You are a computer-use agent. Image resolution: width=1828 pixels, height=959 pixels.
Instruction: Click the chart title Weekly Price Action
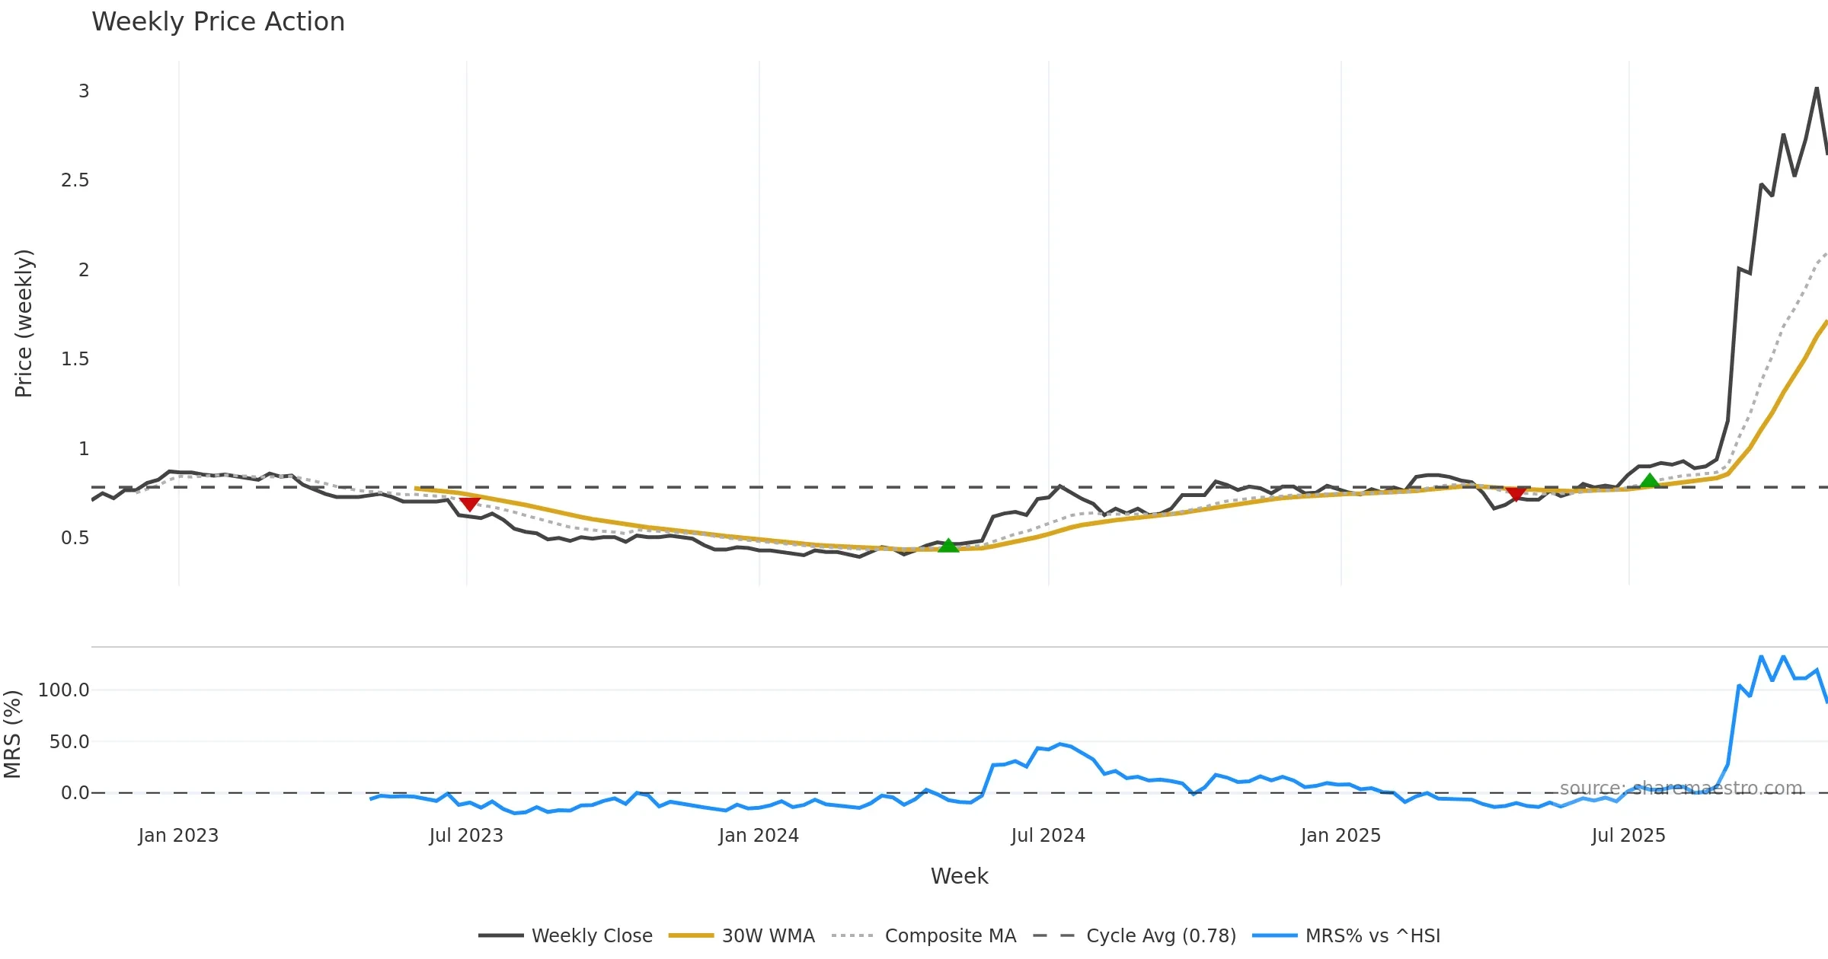pos(218,22)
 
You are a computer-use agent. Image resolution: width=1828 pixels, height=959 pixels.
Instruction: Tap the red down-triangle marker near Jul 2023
pos(470,504)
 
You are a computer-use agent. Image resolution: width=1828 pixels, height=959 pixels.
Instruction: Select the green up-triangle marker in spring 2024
pos(948,545)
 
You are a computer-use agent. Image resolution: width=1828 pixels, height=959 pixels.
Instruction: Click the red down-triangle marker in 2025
pos(1516,495)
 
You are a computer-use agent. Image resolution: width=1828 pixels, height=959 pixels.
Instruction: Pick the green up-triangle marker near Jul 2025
pos(1650,481)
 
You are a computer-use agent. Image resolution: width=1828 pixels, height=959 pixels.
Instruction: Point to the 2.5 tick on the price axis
pos(75,180)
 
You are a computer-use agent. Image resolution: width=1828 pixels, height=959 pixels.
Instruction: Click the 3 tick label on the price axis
pos(84,91)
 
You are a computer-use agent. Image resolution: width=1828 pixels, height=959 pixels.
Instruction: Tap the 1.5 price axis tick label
pos(75,359)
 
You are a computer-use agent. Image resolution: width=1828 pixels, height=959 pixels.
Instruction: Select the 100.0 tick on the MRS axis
pos(64,690)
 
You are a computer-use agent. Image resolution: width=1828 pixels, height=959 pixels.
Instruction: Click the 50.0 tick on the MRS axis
pos(69,742)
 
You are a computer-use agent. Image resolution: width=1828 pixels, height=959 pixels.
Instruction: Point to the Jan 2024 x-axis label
pos(759,836)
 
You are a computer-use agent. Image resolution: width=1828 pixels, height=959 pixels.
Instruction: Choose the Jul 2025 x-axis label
pos(1628,836)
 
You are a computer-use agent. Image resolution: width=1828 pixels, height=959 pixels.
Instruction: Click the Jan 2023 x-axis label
pos(178,836)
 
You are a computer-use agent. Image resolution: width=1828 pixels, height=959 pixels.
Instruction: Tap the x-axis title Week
pos(959,877)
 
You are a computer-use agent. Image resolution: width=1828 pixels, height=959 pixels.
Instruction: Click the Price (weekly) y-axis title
pos(24,323)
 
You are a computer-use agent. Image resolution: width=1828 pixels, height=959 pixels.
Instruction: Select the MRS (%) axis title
pos(13,734)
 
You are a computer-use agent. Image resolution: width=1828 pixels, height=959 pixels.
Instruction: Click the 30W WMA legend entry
pos(768,935)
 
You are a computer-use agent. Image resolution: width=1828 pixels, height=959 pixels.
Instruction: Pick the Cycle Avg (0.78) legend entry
pos(1161,935)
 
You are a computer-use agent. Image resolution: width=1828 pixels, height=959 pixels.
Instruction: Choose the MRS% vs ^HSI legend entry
pos(1373,935)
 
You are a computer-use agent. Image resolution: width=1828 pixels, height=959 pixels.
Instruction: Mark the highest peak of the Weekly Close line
pos(1817,88)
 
